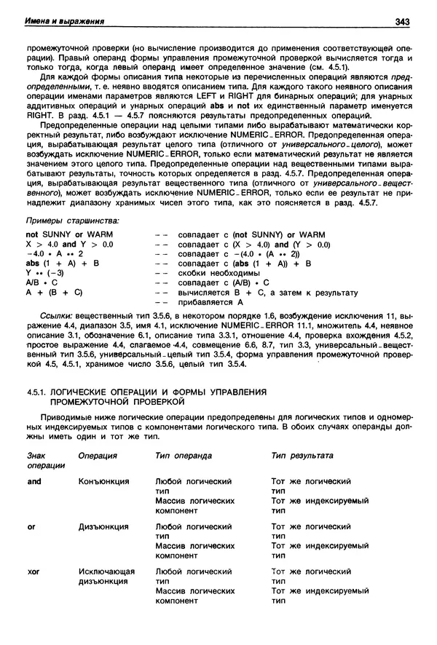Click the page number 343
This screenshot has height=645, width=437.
pos(403,20)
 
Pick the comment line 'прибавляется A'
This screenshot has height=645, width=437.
pos(210,301)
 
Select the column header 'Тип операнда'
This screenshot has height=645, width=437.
pos(184,455)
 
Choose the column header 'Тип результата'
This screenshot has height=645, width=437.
pos(302,455)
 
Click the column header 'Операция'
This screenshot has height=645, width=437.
pos(98,455)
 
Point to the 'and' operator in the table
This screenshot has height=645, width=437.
pos(34,481)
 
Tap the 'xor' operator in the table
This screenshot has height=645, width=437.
pos(34,571)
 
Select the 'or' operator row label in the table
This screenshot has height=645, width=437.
pos(31,526)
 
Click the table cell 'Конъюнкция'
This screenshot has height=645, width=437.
pos(103,481)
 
